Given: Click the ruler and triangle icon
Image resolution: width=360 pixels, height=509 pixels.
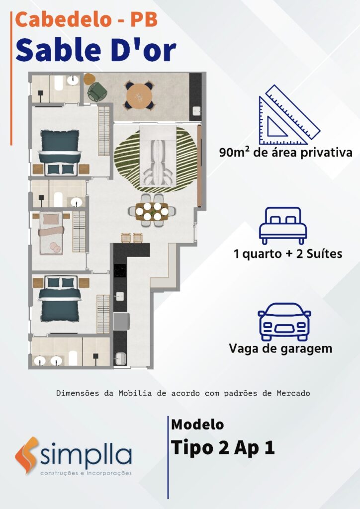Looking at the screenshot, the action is click(x=289, y=115).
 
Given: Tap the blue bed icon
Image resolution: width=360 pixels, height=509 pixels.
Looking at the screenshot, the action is click(x=283, y=226).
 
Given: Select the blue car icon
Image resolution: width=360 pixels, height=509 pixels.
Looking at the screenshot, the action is click(x=284, y=322).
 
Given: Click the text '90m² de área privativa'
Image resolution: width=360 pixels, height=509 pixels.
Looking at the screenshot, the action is click(x=285, y=152).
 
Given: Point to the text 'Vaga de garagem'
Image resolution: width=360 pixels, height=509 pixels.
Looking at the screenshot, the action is click(x=280, y=348).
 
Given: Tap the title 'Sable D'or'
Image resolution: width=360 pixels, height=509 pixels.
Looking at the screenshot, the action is click(x=96, y=50).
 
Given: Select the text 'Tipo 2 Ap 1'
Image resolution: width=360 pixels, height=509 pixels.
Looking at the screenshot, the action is click(x=223, y=448).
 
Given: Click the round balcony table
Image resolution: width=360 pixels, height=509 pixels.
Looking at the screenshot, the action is click(x=139, y=95).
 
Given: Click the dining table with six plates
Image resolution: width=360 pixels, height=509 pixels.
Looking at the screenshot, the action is click(x=152, y=211).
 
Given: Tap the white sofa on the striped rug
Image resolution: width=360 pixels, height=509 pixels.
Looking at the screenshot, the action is click(x=158, y=155).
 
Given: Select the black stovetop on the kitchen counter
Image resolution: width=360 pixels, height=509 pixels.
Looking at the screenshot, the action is click(x=120, y=270).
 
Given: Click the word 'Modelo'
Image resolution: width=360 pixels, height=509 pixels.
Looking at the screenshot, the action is click(x=197, y=424).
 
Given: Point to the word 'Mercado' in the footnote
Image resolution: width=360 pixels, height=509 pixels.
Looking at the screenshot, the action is click(x=293, y=393).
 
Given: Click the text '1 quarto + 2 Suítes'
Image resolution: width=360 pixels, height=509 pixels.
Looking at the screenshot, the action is click(x=288, y=254).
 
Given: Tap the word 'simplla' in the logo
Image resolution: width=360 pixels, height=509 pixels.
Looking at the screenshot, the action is click(x=86, y=455).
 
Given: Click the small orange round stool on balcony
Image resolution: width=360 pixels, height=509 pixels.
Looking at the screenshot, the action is click(x=90, y=78).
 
